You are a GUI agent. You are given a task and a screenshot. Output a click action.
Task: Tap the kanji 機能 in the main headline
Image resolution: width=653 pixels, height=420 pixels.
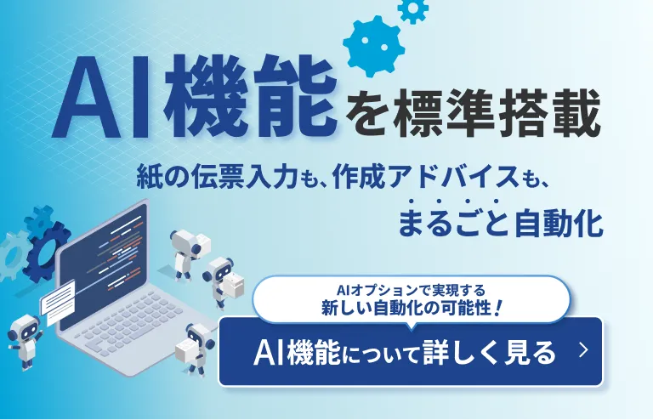coord(251,98)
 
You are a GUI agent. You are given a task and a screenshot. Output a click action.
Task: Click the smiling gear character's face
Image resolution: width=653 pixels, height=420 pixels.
coord(373,46)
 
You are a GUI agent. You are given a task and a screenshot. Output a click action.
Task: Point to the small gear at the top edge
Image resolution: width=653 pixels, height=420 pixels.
coord(413,9)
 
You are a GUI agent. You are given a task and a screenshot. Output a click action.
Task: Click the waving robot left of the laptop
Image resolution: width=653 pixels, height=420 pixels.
coord(26,341)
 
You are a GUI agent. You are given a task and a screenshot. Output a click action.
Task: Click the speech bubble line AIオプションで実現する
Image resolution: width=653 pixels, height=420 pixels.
coord(411,290)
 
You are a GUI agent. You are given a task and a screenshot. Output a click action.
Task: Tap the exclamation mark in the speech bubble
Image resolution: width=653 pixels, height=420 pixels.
coord(499,309)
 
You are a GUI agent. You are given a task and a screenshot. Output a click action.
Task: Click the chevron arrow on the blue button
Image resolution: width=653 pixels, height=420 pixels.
coord(584,351)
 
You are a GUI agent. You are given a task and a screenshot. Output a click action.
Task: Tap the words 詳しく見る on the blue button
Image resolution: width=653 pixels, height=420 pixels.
coord(489,353)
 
